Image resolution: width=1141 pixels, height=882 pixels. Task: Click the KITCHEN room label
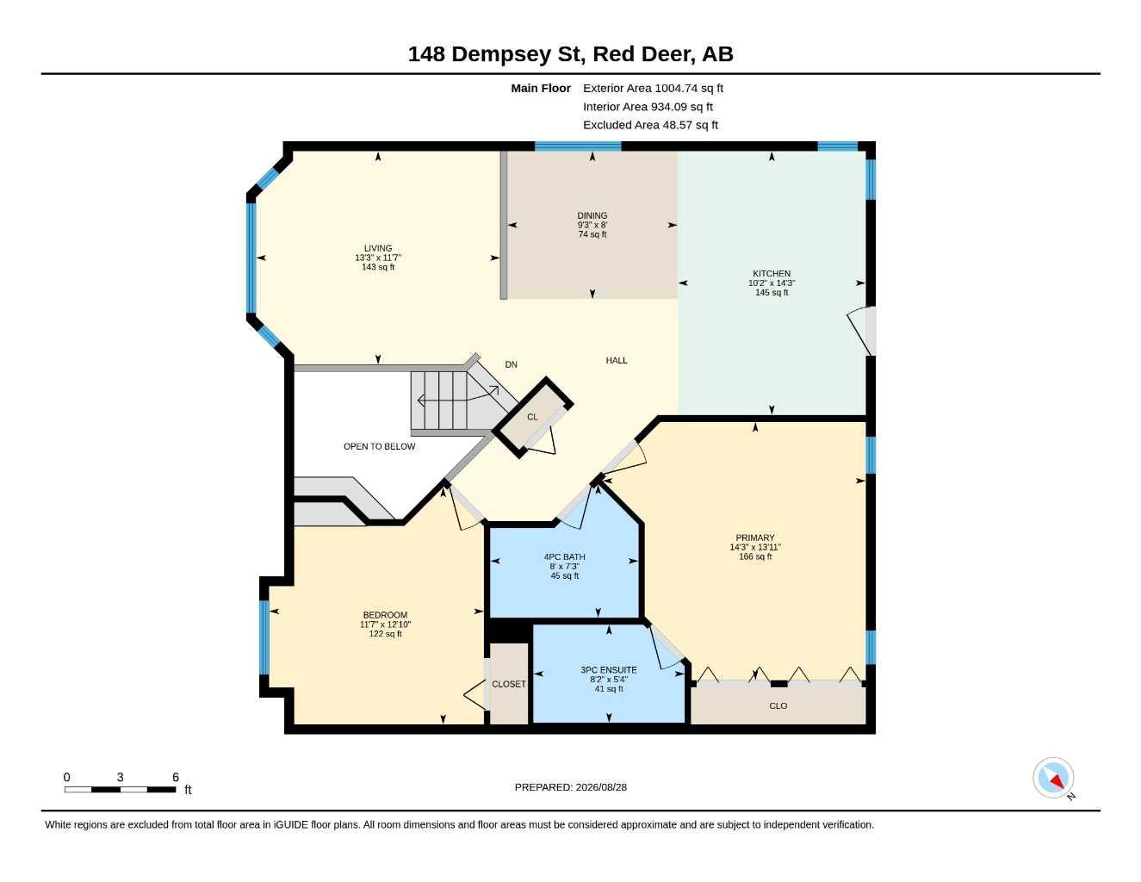point(772,274)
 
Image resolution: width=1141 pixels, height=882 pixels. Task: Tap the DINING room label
point(592,215)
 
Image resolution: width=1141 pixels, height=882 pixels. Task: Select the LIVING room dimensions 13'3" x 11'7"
point(378,258)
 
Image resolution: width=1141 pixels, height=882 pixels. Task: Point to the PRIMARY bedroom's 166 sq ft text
point(755,556)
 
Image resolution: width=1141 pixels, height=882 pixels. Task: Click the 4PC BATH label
point(564,557)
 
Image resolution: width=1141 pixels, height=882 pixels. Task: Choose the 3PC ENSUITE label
point(609,670)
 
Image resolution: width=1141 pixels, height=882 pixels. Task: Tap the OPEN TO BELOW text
point(379,446)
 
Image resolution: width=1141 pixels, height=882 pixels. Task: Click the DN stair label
point(511,364)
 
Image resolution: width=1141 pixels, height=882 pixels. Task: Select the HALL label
point(617,360)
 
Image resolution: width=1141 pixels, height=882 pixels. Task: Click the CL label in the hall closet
point(532,417)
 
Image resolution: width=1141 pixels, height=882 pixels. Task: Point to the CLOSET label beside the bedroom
point(509,684)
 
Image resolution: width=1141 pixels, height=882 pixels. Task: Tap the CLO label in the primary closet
point(778,705)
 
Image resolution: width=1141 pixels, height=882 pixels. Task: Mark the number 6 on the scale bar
point(176,777)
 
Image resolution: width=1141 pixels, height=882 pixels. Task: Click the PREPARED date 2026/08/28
point(601,787)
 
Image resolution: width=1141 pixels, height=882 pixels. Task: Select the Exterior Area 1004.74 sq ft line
point(654,88)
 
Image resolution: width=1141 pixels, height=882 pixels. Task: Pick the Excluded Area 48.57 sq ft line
point(650,125)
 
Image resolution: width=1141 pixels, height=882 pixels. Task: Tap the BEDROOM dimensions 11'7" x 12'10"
point(386,624)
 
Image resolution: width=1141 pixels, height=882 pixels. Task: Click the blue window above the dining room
point(578,146)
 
